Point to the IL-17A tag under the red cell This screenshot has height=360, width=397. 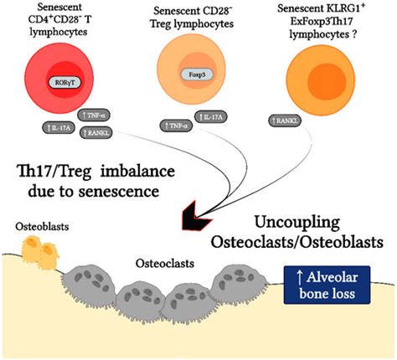click(x=59, y=127)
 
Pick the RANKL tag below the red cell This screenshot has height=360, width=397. click(x=98, y=131)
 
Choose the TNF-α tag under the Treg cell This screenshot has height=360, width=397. click(x=176, y=127)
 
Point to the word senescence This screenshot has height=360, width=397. click(x=136, y=193)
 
